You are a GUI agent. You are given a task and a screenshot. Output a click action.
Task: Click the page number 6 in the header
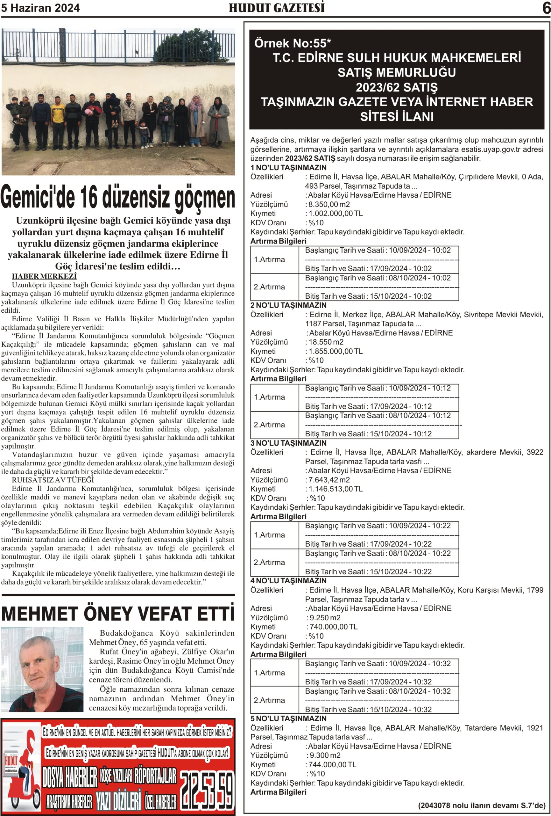546,8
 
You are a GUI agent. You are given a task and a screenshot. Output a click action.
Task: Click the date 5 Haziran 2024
40,8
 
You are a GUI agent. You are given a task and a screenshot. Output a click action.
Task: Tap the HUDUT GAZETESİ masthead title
276,8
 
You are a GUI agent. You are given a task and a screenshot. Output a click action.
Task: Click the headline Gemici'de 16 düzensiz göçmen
118,198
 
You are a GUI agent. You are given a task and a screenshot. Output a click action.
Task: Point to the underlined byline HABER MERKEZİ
44,276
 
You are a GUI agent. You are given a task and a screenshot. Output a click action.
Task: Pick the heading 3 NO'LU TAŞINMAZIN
288,443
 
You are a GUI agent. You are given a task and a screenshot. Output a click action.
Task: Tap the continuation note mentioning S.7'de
481,805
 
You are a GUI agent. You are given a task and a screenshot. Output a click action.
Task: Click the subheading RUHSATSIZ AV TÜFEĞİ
53,480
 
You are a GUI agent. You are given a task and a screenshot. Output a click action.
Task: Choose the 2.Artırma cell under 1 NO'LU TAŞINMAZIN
269,287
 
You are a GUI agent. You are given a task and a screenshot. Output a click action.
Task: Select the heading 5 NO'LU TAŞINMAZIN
288,719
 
